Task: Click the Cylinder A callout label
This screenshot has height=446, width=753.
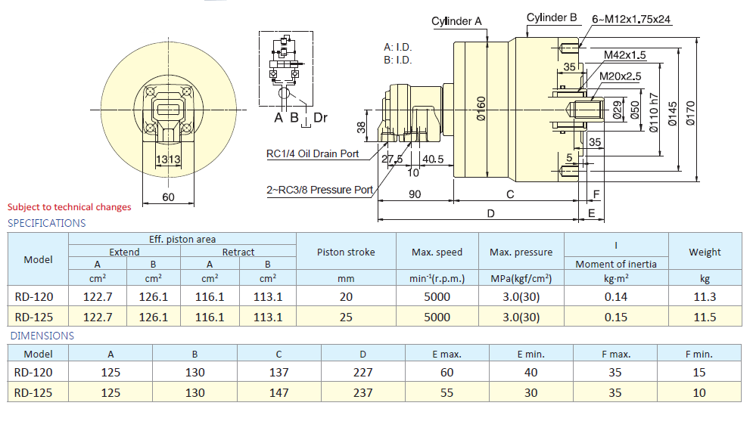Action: [x=456, y=21]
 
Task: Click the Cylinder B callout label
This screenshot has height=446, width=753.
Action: [x=552, y=17]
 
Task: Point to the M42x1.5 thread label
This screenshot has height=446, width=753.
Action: [x=624, y=54]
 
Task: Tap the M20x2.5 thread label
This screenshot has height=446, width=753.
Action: [x=620, y=76]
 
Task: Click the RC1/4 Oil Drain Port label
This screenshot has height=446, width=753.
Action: [x=313, y=154]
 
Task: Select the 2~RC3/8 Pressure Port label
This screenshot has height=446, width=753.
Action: [x=319, y=190]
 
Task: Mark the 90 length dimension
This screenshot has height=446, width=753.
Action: [x=415, y=194]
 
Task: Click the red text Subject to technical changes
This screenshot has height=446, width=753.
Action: [x=69, y=207]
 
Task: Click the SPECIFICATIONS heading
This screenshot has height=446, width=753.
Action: [x=46, y=223]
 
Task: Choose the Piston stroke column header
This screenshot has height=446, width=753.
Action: [x=346, y=252]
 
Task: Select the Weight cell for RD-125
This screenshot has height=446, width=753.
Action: [x=705, y=317]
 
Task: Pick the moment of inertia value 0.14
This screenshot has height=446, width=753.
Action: [x=616, y=297]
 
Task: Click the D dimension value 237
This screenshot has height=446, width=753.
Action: [x=362, y=392]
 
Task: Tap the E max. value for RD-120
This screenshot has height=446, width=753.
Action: [x=447, y=372]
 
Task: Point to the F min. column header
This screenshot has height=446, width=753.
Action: [x=699, y=354]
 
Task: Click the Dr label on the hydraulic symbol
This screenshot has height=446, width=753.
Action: [x=320, y=117]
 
